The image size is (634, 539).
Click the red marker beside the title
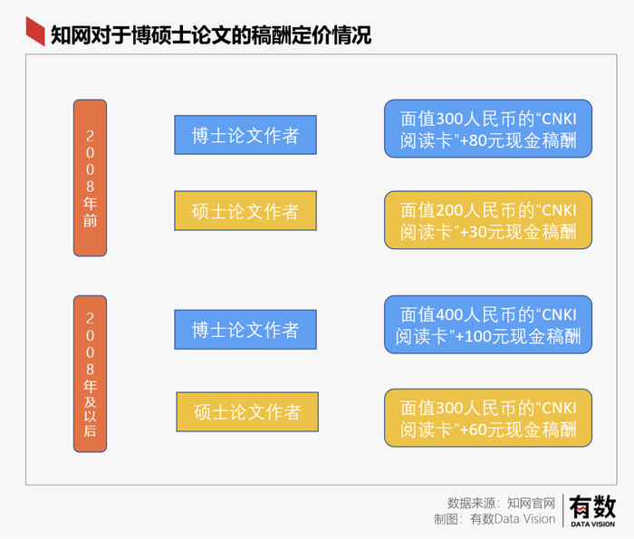[35, 31]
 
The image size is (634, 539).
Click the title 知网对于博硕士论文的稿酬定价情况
[211, 35]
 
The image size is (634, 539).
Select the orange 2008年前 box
[91, 178]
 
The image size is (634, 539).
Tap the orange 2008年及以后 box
[91, 373]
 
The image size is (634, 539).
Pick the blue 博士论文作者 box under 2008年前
[245, 135]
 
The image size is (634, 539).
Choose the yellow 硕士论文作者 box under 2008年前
[245, 211]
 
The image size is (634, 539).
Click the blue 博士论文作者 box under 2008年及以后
[245, 330]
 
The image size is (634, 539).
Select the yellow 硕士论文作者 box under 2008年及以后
[247, 411]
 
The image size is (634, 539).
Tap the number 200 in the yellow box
[449, 211]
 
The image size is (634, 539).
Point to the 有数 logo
[592, 506]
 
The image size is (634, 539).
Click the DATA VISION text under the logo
[592, 524]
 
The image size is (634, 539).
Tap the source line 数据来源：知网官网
[502, 504]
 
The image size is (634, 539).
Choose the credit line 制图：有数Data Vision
[495, 519]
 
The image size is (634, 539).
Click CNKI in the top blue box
[559, 120]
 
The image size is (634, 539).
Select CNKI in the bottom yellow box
[559, 409]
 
